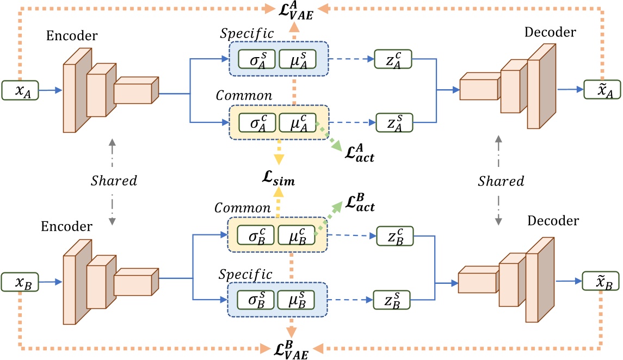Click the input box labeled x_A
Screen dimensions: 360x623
(20, 91)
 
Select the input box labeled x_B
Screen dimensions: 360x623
(20, 282)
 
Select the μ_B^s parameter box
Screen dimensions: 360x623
(296, 299)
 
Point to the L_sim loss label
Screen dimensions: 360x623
(278, 179)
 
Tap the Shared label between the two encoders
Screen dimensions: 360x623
(114, 180)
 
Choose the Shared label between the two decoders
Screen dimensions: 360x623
(501, 181)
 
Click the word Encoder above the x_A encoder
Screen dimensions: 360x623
(72, 36)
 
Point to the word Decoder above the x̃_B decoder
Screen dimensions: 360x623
(553, 221)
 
